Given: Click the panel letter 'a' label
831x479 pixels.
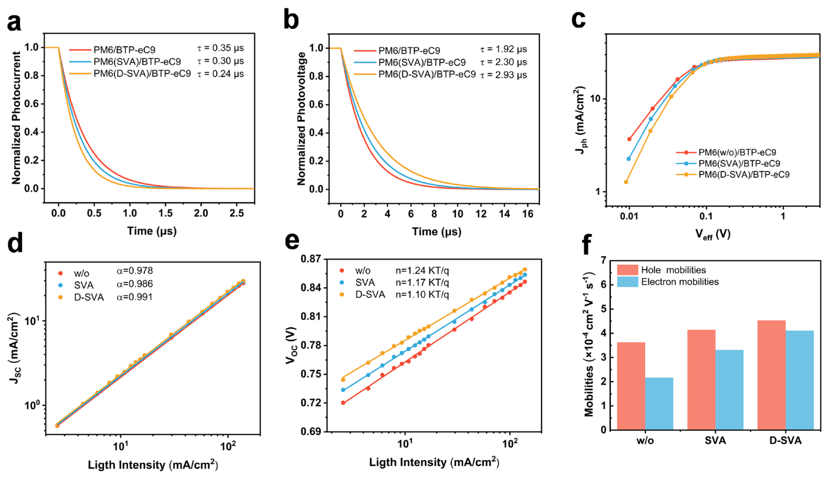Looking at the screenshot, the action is point(14,23).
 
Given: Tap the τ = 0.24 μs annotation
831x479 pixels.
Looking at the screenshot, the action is point(221,74).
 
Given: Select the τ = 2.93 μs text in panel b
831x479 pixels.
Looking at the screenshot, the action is point(504,75).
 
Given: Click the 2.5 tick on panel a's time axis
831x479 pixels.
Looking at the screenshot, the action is point(236,213).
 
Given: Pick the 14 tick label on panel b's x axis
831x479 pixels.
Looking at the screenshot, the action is point(504,214).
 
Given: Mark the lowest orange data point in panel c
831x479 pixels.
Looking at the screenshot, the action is point(626,182).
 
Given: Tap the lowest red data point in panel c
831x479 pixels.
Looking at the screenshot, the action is point(629,139).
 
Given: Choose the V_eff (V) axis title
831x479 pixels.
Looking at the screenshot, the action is point(713,234).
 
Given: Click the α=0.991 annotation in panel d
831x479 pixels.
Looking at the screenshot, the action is point(135,297).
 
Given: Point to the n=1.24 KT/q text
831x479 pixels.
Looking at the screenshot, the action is point(423,271).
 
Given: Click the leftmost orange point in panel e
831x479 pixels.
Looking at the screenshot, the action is point(343,380).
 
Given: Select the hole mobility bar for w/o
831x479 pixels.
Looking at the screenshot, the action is point(631,386).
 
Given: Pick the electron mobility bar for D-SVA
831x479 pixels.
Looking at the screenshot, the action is point(799,380).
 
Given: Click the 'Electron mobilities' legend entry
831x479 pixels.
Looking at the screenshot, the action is point(668,282).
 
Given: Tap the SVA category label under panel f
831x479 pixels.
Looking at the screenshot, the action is point(715,440).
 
